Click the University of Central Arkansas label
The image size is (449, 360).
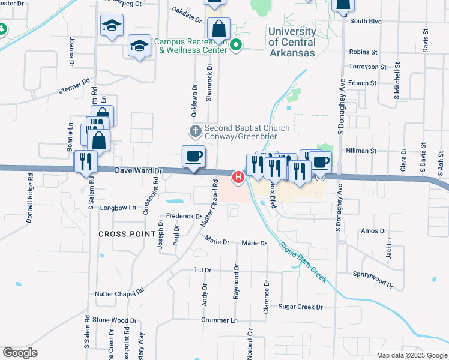[292, 42]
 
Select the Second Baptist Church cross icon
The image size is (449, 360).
[194, 131]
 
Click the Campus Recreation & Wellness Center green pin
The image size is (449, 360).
[237, 45]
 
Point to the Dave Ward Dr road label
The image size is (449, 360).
[139, 171]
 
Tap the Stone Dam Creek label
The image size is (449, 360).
[303, 262]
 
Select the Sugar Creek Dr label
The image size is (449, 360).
[300, 307]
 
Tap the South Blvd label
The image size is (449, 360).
[366, 21]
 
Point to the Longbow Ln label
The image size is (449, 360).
[119, 208]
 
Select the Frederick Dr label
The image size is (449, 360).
[184, 216]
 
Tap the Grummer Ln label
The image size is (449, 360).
[215, 320]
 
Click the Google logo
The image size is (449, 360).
[20, 353]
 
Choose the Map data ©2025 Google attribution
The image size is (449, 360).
[411, 355]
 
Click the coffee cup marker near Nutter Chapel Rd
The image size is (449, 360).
[193, 157]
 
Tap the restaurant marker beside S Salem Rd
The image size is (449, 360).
[85, 161]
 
